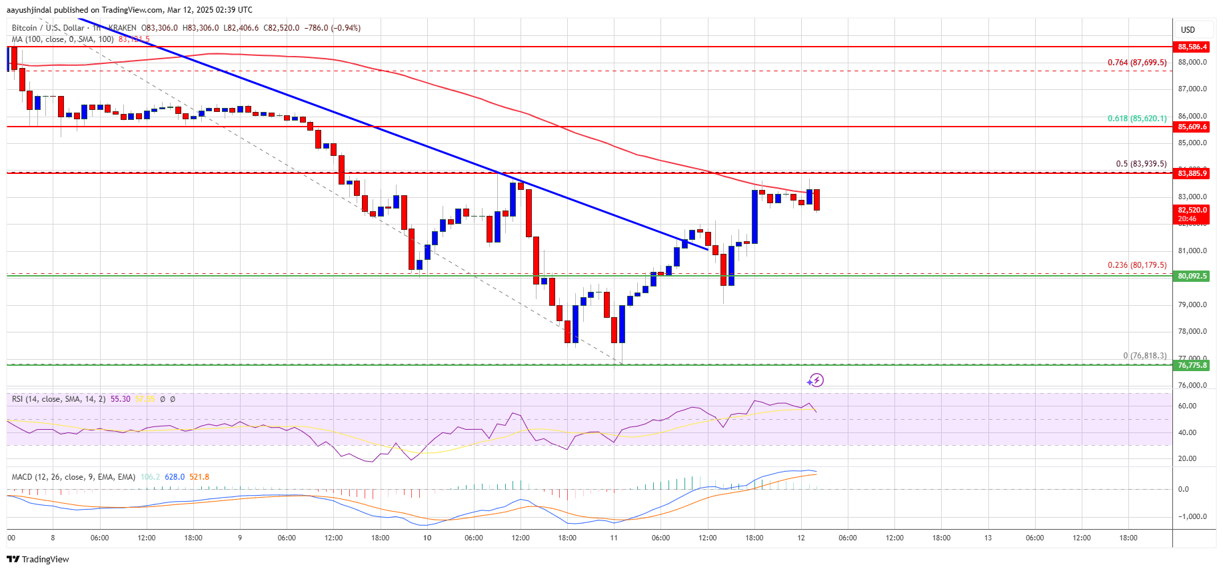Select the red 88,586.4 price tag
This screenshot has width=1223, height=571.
pyautogui.click(x=1192, y=47)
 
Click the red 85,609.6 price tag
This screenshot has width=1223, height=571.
pyautogui.click(x=1192, y=127)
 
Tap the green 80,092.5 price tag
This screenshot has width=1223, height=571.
pyautogui.click(x=1192, y=276)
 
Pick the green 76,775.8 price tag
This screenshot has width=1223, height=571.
pyautogui.click(x=1192, y=365)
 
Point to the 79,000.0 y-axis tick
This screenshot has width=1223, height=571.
pyautogui.click(x=1192, y=304)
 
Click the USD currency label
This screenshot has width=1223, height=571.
pyautogui.click(x=1188, y=30)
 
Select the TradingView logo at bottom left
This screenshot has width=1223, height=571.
pyautogui.click(x=38, y=559)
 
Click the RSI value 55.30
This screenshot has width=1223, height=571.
pyautogui.click(x=121, y=399)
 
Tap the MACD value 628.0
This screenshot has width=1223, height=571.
pyautogui.click(x=175, y=477)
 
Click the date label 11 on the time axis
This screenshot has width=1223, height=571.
pyautogui.click(x=614, y=538)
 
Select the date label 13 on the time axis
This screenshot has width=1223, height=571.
pyautogui.click(x=988, y=538)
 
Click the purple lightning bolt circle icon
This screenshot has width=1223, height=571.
pyautogui.click(x=816, y=380)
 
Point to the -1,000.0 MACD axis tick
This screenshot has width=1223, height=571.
pyautogui.click(x=1192, y=516)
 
